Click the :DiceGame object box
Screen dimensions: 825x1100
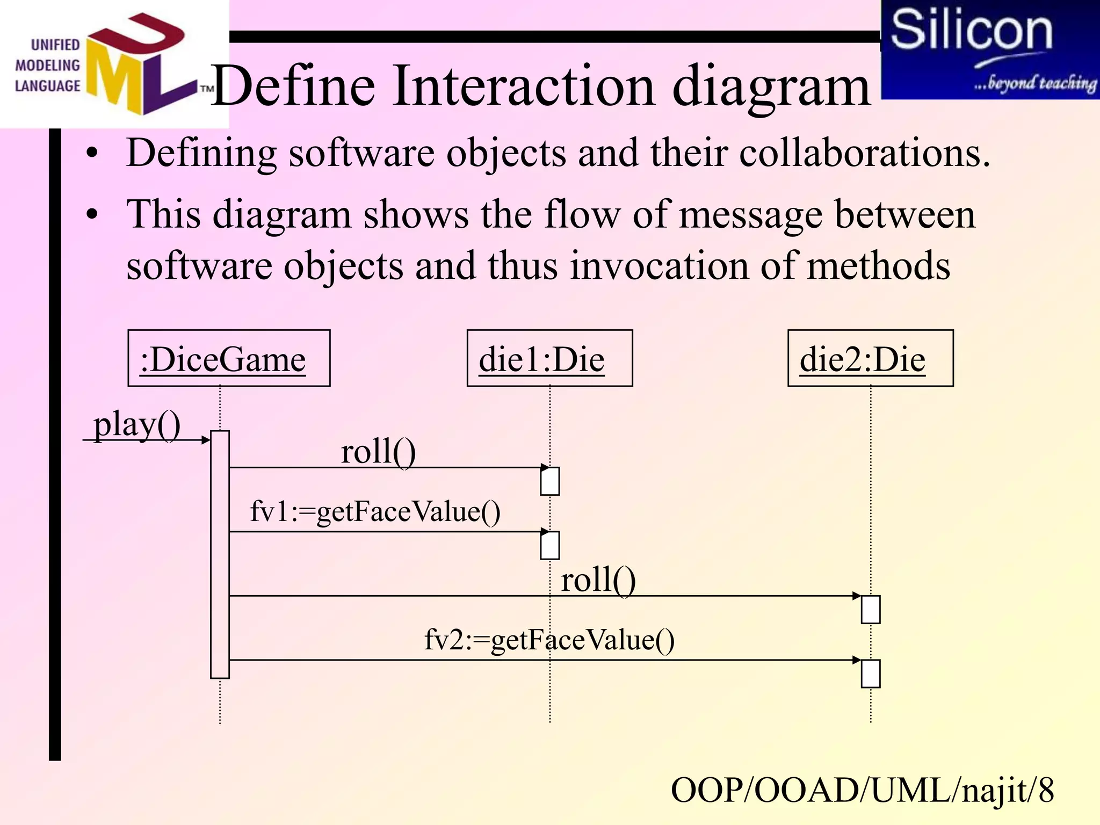(x=229, y=358)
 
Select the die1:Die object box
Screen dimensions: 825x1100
(x=549, y=358)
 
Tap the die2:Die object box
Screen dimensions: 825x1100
(x=870, y=358)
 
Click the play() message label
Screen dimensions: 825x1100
(x=137, y=425)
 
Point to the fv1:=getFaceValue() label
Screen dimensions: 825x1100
(x=375, y=511)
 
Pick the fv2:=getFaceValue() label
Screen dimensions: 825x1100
(x=549, y=640)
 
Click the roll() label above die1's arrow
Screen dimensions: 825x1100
(x=378, y=451)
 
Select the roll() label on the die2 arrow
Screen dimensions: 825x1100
(x=598, y=580)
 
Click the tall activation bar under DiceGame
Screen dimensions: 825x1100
(x=220, y=554)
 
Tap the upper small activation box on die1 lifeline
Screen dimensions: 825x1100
(x=549, y=481)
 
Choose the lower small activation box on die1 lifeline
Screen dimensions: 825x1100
(x=549, y=546)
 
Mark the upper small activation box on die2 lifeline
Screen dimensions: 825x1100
(x=870, y=610)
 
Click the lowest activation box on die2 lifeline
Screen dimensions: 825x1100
(x=870, y=674)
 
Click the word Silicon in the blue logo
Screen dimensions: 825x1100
(x=971, y=31)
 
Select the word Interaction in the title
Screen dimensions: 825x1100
(x=524, y=86)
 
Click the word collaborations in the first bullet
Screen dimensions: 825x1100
(x=864, y=154)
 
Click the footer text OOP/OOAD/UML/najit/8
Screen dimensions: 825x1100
(x=862, y=790)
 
